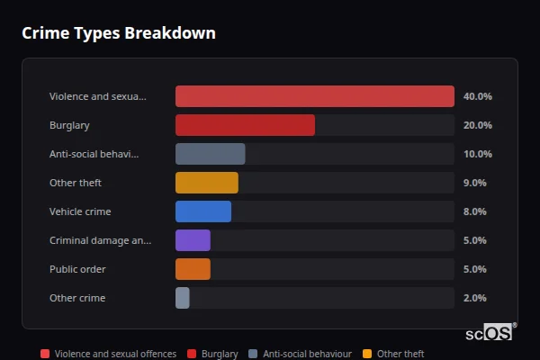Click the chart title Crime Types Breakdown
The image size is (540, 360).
point(118,33)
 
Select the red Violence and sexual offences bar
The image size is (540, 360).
point(314,96)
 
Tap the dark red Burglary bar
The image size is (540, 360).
point(245,125)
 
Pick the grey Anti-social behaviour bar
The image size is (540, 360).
point(210,154)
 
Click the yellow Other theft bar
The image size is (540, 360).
point(206,183)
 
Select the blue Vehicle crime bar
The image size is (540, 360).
point(202,211)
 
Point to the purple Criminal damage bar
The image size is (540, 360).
point(193,240)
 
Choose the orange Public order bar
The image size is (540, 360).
point(193,269)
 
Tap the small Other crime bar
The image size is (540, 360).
point(182,298)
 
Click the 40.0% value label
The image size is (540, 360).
point(477,96)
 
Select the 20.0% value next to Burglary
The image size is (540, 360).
point(477,125)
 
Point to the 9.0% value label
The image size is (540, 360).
point(474,183)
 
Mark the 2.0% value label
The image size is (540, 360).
point(474,298)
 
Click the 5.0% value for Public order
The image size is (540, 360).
point(474,269)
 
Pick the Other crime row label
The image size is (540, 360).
point(77,298)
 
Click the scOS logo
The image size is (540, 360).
point(490,333)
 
